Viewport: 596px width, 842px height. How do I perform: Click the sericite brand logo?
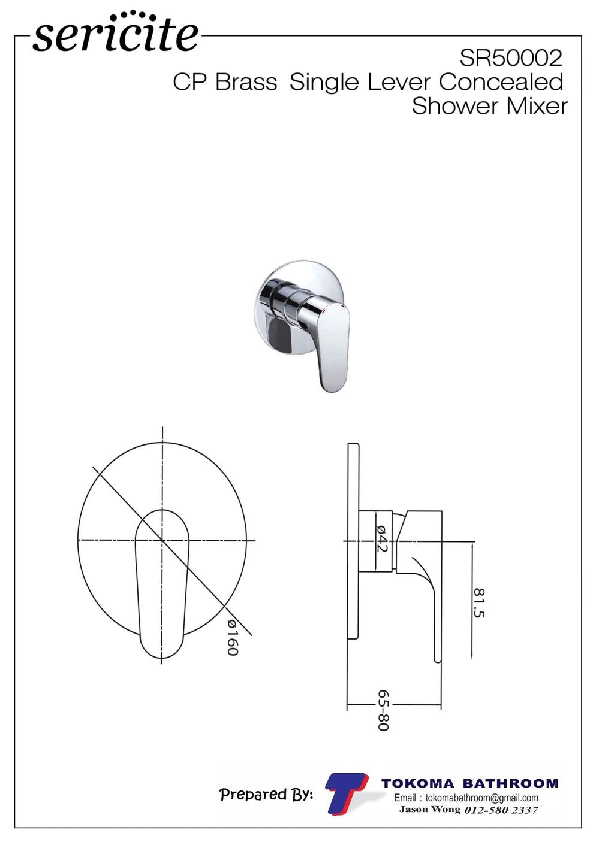pos(116,32)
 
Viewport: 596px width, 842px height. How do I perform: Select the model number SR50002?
pos(511,59)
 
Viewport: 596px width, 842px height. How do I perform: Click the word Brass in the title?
pos(246,82)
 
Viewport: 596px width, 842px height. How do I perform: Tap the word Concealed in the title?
pos(501,82)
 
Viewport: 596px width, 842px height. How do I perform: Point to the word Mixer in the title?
pos(537,106)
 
